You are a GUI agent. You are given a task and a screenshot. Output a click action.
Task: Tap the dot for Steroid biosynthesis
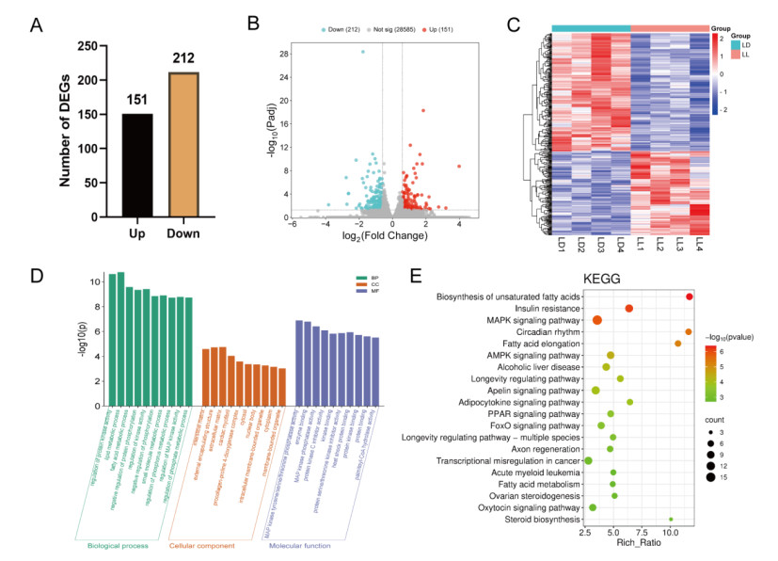point(671,519)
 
